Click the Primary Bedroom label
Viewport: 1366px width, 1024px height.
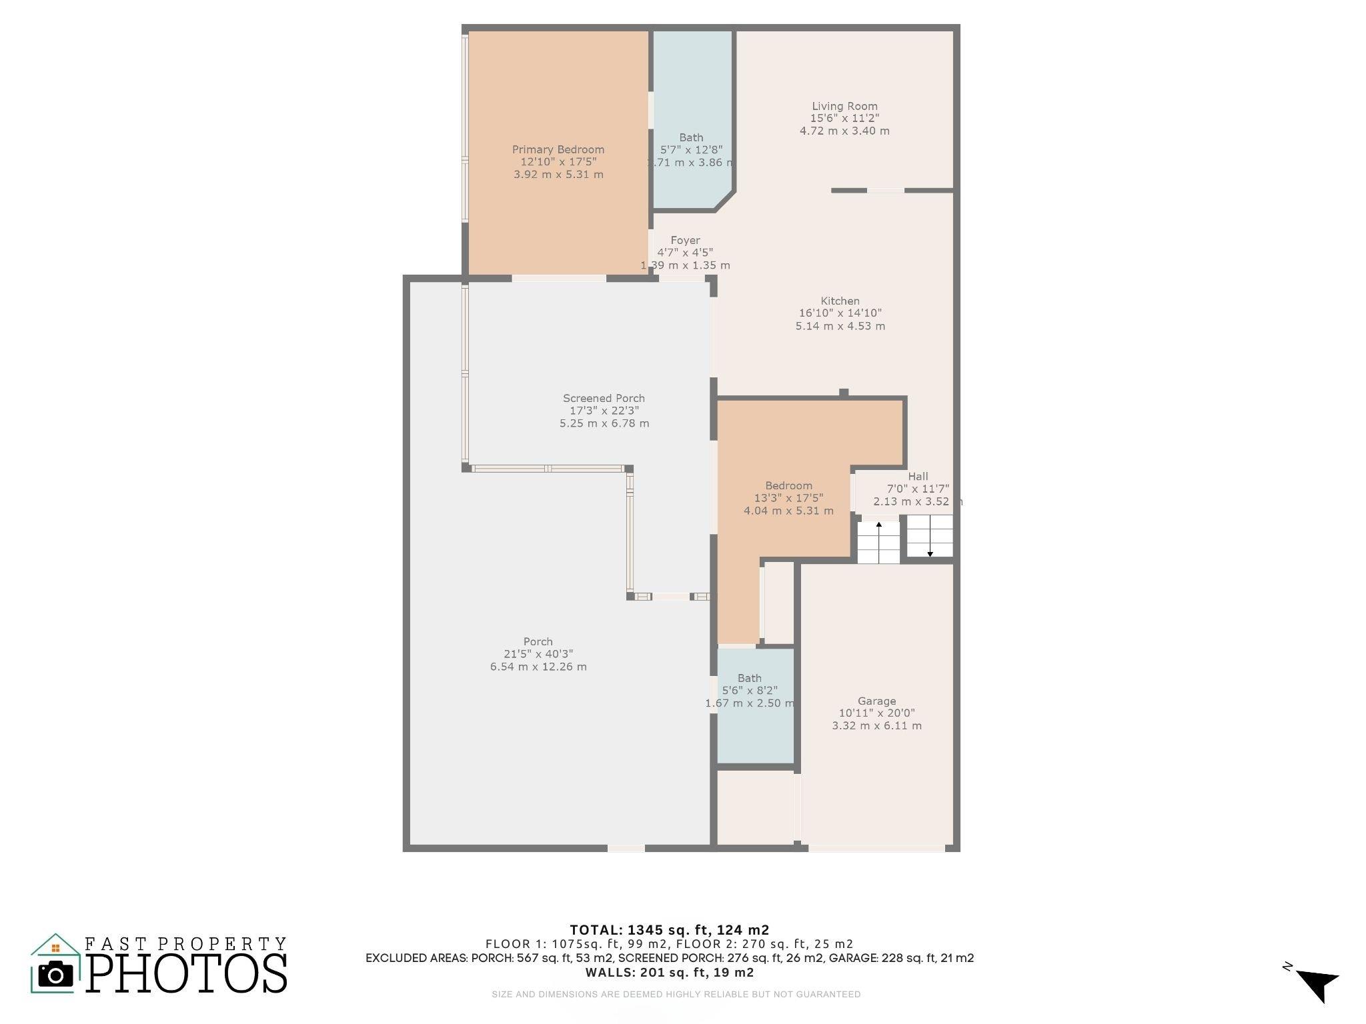(558, 149)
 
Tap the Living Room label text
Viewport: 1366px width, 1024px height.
(844, 106)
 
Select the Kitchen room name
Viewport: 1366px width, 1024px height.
(840, 301)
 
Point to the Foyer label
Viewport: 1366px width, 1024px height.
(686, 241)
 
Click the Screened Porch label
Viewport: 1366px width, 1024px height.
(604, 399)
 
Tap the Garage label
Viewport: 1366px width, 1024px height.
(876, 701)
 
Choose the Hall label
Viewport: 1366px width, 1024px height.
(918, 477)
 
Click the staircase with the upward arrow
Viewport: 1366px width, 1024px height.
(878, 541)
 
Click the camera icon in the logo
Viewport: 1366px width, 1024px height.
(56, 975)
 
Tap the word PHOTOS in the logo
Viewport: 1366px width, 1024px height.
(187, 973)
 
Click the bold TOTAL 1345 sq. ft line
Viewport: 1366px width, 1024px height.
(670, 930)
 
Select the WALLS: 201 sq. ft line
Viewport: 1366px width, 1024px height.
(670, 973)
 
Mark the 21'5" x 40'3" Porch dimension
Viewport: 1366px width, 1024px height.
(538, 654)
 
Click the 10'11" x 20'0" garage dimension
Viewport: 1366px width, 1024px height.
(876, 713)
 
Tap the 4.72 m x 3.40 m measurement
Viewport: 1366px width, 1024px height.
(844, 131)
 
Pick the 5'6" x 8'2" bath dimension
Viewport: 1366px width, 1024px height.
(750, 691)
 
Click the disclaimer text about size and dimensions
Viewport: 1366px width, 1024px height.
(676, 994)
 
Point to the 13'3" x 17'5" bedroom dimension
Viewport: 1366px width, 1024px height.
(789, 498)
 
